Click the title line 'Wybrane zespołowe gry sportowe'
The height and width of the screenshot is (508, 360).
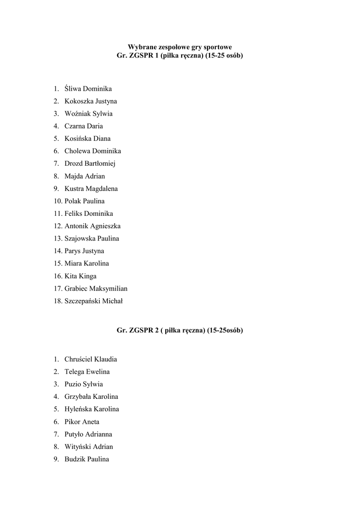(180, 47)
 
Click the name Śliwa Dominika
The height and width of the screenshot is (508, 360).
(88, 89)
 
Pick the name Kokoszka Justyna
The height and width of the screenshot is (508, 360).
(90, 101)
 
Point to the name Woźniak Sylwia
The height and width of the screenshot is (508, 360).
(88, 114)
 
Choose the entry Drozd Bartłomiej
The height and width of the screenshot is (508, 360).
(89, 164)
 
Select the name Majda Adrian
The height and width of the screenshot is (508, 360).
(84, 176)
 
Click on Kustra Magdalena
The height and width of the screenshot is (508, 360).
(91, 189)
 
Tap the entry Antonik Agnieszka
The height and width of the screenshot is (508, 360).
(92, 226)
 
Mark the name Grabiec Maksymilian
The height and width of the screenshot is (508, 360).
(96, 288)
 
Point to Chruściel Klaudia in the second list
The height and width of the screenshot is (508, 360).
(90, 359)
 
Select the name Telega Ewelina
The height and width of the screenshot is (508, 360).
(87, 372)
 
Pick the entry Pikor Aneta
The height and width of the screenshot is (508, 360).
(81, 422)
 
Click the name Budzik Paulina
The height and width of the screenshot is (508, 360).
(86, 459)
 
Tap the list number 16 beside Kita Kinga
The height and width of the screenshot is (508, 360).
(58, 276)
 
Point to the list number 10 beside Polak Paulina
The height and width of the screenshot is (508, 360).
(58, 201)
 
